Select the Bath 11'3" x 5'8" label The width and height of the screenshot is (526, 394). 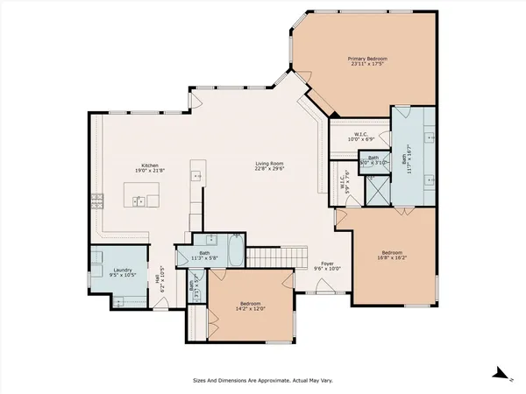203,256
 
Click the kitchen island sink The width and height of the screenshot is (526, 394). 139,201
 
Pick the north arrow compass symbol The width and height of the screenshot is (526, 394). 501,373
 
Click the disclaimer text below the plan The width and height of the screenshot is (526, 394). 263,380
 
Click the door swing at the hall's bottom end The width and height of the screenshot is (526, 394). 163,302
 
